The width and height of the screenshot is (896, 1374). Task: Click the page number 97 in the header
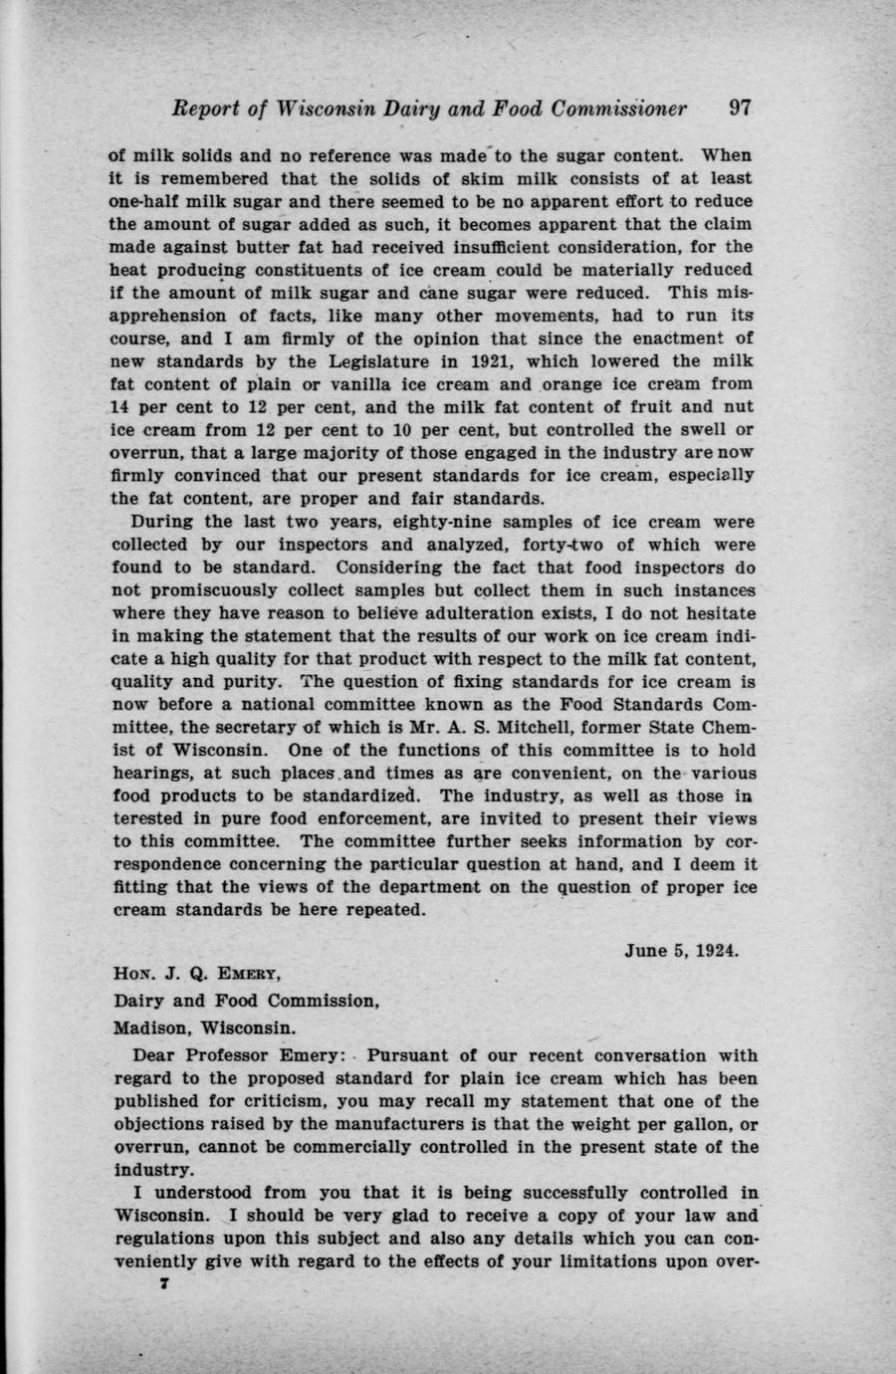pos(739,109)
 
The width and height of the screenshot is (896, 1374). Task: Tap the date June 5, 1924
pos(681,951)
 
